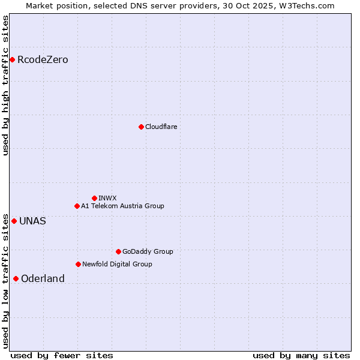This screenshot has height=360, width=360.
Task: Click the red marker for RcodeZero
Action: [12, 59]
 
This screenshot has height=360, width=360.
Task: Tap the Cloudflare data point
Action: [141, 127]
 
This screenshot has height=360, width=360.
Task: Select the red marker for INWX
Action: [94, 198]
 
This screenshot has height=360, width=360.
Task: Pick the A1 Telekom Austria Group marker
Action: [77, 206]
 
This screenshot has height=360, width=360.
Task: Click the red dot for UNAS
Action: [14, 221]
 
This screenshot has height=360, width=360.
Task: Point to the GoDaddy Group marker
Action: [118, 251]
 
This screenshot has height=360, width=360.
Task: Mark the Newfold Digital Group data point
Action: [78, 264]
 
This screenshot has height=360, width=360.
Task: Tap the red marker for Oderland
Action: [16, 278]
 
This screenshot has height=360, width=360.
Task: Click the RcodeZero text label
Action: [43, 60]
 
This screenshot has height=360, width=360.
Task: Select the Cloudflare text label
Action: [161, 127]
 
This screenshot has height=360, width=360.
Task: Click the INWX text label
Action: [107, 198]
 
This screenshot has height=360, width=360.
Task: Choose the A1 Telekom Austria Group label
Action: [122, 206]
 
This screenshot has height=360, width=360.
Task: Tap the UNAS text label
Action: [32, 221]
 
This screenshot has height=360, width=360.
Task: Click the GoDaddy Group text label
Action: [148, 251]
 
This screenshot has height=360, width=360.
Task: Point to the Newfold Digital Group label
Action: [117, 264]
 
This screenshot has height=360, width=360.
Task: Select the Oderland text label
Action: [43, 278]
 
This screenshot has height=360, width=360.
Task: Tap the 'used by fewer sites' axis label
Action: [62, 355]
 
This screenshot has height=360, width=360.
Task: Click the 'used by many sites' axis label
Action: [301, 355]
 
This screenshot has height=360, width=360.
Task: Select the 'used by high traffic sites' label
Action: [5, 85]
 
